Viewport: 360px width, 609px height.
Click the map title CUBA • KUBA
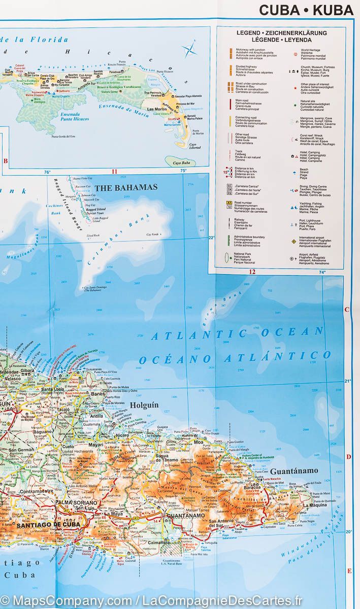click(x=306, y=10)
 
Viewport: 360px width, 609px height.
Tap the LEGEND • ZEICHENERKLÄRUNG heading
click(x=281, y=33)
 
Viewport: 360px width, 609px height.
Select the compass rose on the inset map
click(x=190, y=50)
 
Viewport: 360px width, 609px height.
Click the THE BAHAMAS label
click(x=126, y=187)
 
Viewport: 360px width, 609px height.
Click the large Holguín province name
click(x=145, y=405)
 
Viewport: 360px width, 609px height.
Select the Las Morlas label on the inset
click(x=156, y=109)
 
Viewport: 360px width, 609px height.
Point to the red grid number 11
click(x=114, y=172)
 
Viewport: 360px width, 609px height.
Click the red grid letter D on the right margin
click(x=349, y=457)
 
